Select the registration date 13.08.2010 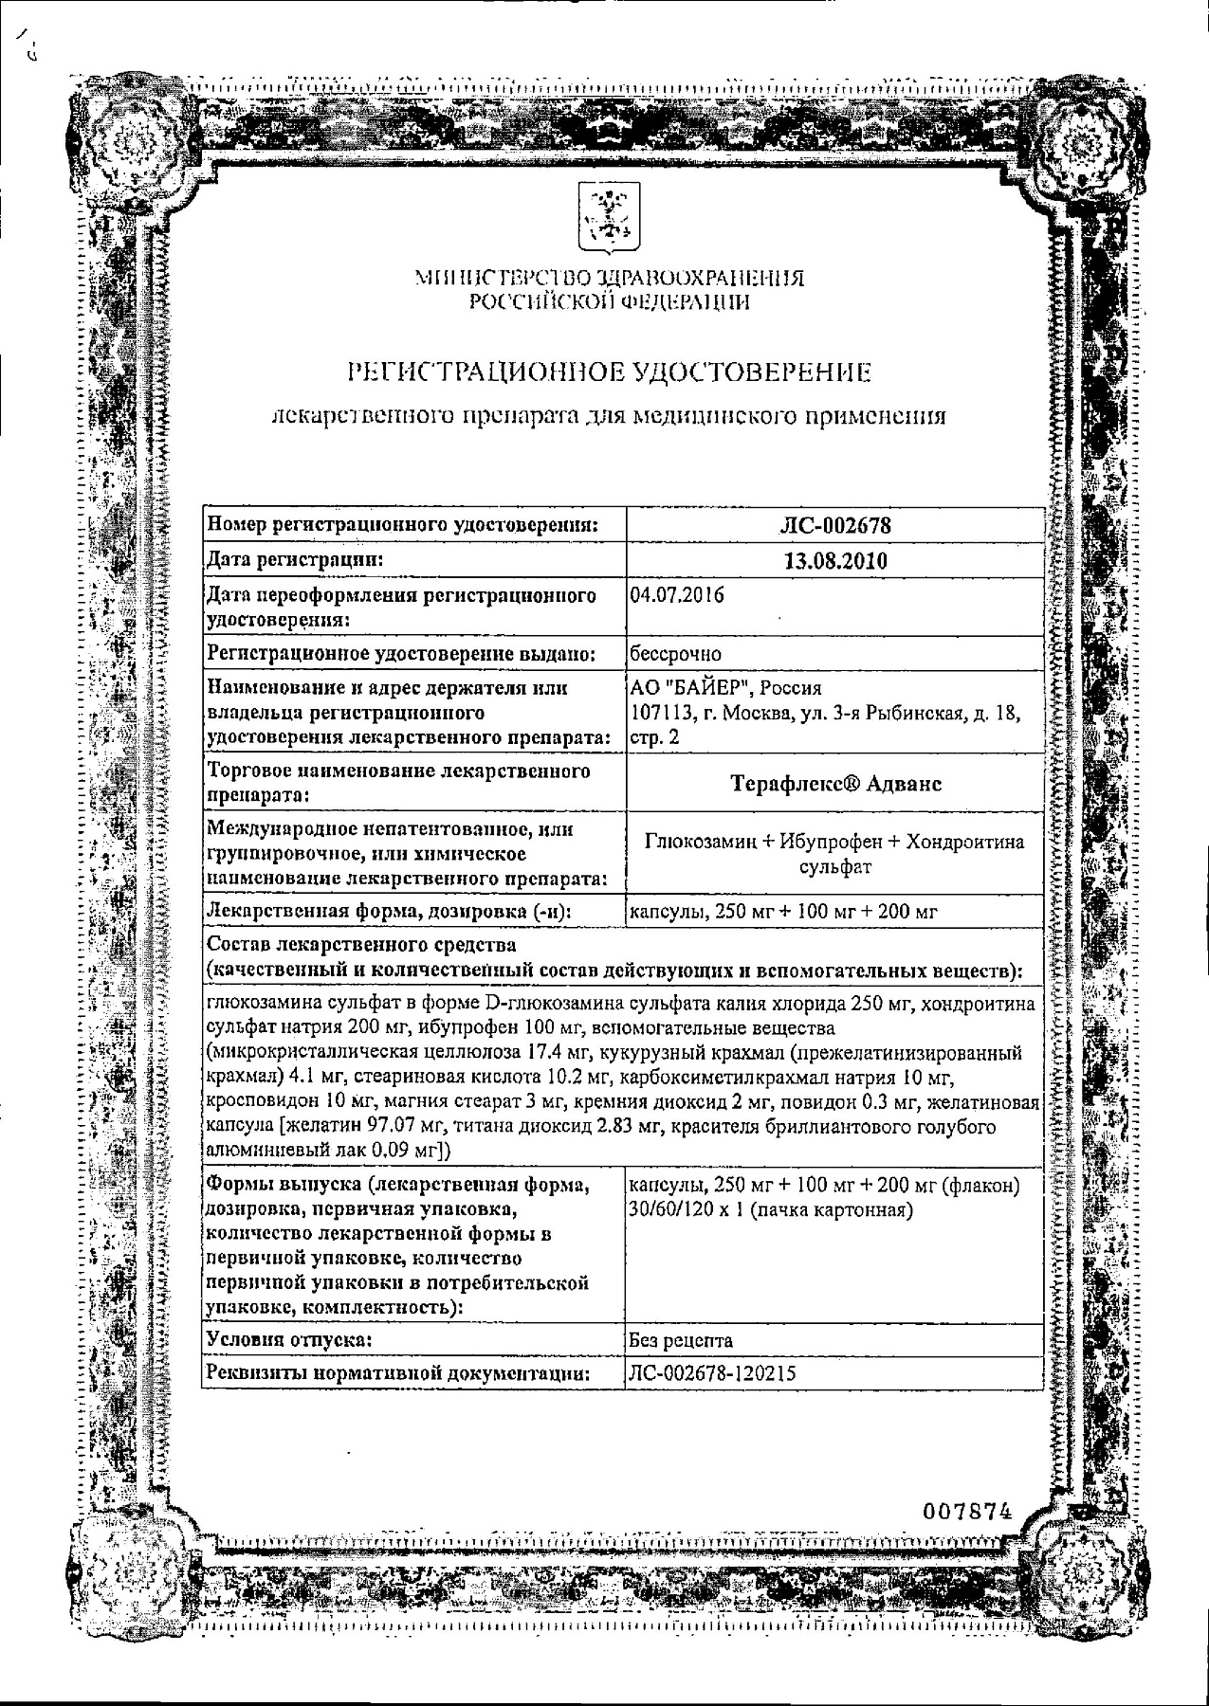click(x=835, y=560)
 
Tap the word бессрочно click(x=675, y=654)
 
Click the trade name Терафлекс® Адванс click(x=835, y=784)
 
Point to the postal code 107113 click(x=658, y=713)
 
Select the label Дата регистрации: click(x=295, y=560)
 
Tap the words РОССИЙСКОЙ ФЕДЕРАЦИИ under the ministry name click(x=608, y=302)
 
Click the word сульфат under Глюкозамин click(x=835, y=866)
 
